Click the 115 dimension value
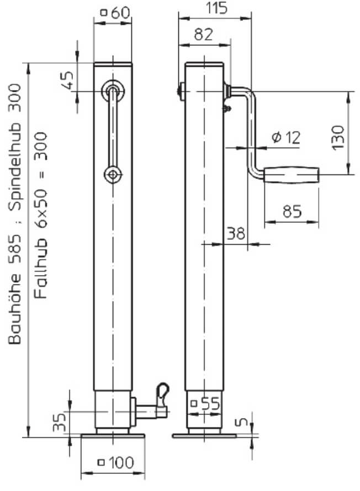[216, 8]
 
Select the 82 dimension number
[204, 34]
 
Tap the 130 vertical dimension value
[338, 138]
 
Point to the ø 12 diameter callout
[286, 137]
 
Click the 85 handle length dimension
[292, 212]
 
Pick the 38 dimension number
[236, 233]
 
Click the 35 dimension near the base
[59, 422]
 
